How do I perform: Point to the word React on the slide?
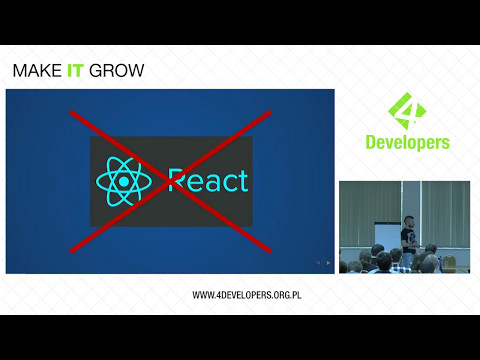point(207,181)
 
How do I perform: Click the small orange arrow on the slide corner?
point(327,263)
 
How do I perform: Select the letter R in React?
point(178,181)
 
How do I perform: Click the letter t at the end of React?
point(242,181)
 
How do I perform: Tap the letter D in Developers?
point(364,142)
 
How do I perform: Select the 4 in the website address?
point(219,295)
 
